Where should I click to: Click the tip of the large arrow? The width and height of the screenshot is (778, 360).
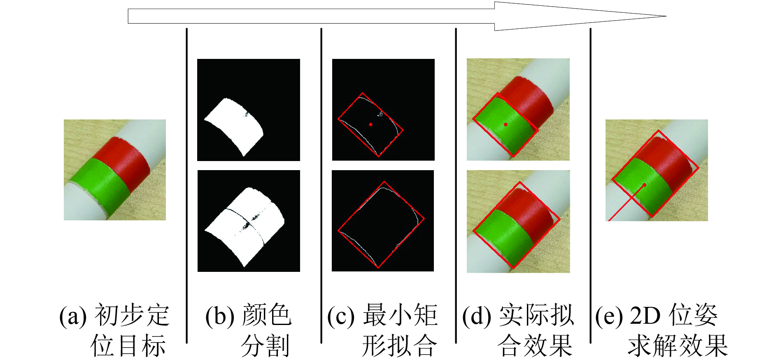pos(666,16)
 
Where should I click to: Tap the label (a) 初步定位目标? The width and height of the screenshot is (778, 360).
pos(114,330)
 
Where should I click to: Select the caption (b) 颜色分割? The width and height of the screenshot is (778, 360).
pos(249,330)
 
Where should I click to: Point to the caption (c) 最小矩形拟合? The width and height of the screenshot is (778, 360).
pos(382,330)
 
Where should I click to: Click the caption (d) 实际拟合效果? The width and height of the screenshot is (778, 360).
pos(518,330)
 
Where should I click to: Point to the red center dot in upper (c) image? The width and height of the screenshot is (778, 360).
pos(371,124)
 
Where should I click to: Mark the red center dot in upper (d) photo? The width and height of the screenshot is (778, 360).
pos(505,124)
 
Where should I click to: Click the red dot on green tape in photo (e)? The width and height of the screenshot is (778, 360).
pos(645,185)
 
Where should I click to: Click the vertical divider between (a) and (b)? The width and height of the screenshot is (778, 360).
pos(187,185)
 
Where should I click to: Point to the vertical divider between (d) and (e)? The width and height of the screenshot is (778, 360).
pos(591,185)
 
